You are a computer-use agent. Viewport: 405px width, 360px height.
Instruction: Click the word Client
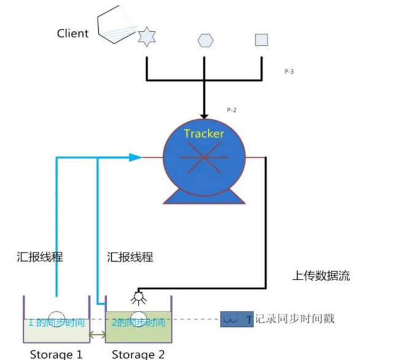[x=73, y=33]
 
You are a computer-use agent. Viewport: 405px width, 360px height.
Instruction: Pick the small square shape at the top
[x=261, y=40]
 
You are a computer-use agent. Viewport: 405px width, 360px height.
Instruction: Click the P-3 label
[x=289, y=72]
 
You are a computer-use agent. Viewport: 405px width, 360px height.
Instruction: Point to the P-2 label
[x=231, y=110]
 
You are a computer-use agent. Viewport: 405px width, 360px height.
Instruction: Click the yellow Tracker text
[x=204, y=133]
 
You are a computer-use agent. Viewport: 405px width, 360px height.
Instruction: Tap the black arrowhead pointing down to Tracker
[x=204, y=115]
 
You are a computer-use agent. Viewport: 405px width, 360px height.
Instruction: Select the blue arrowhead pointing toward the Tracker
[x=135, y=157]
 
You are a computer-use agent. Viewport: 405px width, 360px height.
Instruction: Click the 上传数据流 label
[x=320, y=276]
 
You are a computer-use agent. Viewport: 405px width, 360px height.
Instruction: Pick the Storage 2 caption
[x=137, y=354]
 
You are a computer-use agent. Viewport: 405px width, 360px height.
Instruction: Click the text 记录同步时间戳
[x=293, y=319]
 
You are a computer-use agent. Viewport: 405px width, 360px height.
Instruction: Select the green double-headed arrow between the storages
[x=97, y=334]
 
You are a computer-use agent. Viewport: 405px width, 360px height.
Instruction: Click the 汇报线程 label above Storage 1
[x=40, y=256]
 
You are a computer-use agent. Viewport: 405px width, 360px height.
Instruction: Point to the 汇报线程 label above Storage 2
[x=130, y=256]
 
